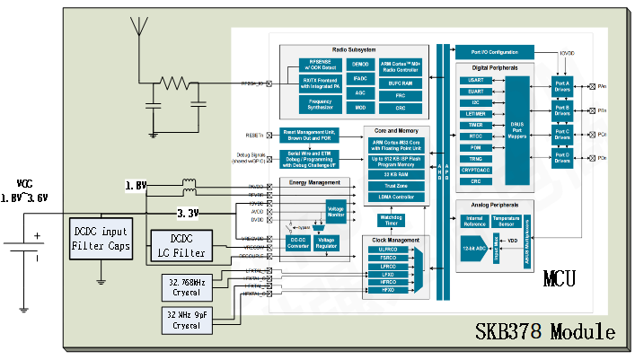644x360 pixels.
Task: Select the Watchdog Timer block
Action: tap(392, 220)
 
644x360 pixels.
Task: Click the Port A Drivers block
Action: tap(562, 87)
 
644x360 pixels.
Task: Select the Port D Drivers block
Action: tap(562, 158)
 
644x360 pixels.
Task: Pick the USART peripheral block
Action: tap(475, 80)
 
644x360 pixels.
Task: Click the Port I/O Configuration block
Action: tap(494, 52)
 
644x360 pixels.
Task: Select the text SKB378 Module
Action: tap(546, 333)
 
